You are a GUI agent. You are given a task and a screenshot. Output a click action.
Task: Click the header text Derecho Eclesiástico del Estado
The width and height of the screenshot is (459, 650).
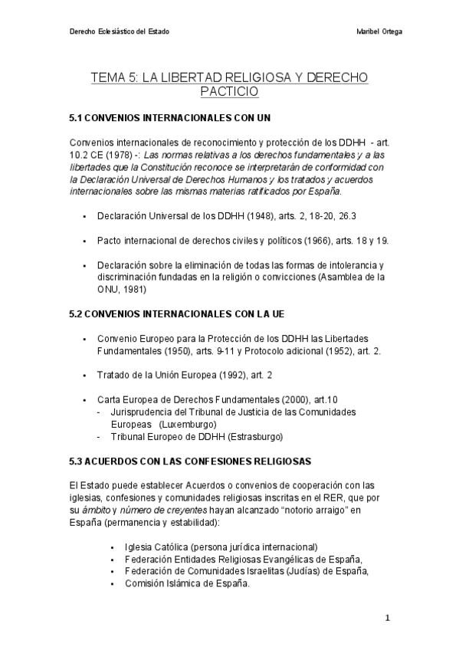119,31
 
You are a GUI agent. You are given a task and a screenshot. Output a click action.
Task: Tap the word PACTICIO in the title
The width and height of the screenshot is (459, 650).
229,92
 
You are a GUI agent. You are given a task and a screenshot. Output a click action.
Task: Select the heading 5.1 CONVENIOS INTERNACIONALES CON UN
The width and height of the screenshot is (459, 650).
169,119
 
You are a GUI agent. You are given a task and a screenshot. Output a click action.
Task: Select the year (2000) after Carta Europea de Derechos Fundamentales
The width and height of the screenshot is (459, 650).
290,400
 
